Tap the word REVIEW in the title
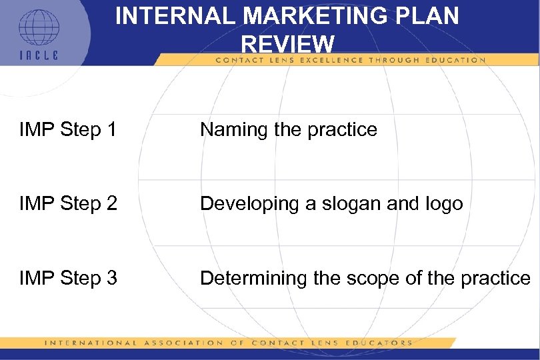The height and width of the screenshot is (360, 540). point(287,45)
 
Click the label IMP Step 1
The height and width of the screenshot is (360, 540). point(69,129)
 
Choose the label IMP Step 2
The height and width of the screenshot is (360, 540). point(69,203)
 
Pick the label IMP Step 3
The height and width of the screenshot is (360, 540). point(69,278)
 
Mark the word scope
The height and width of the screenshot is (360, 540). point(375,278)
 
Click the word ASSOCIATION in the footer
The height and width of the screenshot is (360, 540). point(181,343)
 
